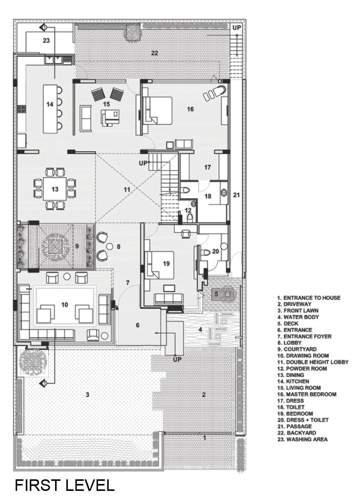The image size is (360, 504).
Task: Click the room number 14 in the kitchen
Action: [x=49, y=104]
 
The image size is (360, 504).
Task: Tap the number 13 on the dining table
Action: [x=55, y=189]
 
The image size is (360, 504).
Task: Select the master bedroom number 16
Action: [x=190, y=109]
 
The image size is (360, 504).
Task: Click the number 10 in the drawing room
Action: [x=64, y=305]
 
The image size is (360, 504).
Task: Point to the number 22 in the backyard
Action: [x=155, y=53]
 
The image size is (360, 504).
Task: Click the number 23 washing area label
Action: [x=46, y=40]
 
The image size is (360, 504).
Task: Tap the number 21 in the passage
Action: [x=236, y=195]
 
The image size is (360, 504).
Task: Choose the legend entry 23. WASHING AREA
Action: [x=302, y=439]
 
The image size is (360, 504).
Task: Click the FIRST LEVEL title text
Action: [x=65, y=485]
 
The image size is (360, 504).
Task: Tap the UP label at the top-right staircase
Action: [x=236, y=27]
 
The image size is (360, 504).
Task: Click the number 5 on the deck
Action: [x=216, y=294]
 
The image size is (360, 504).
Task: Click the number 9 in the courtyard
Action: [x=77, y=246]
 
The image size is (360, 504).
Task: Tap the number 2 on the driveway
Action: [x=204, y=394]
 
